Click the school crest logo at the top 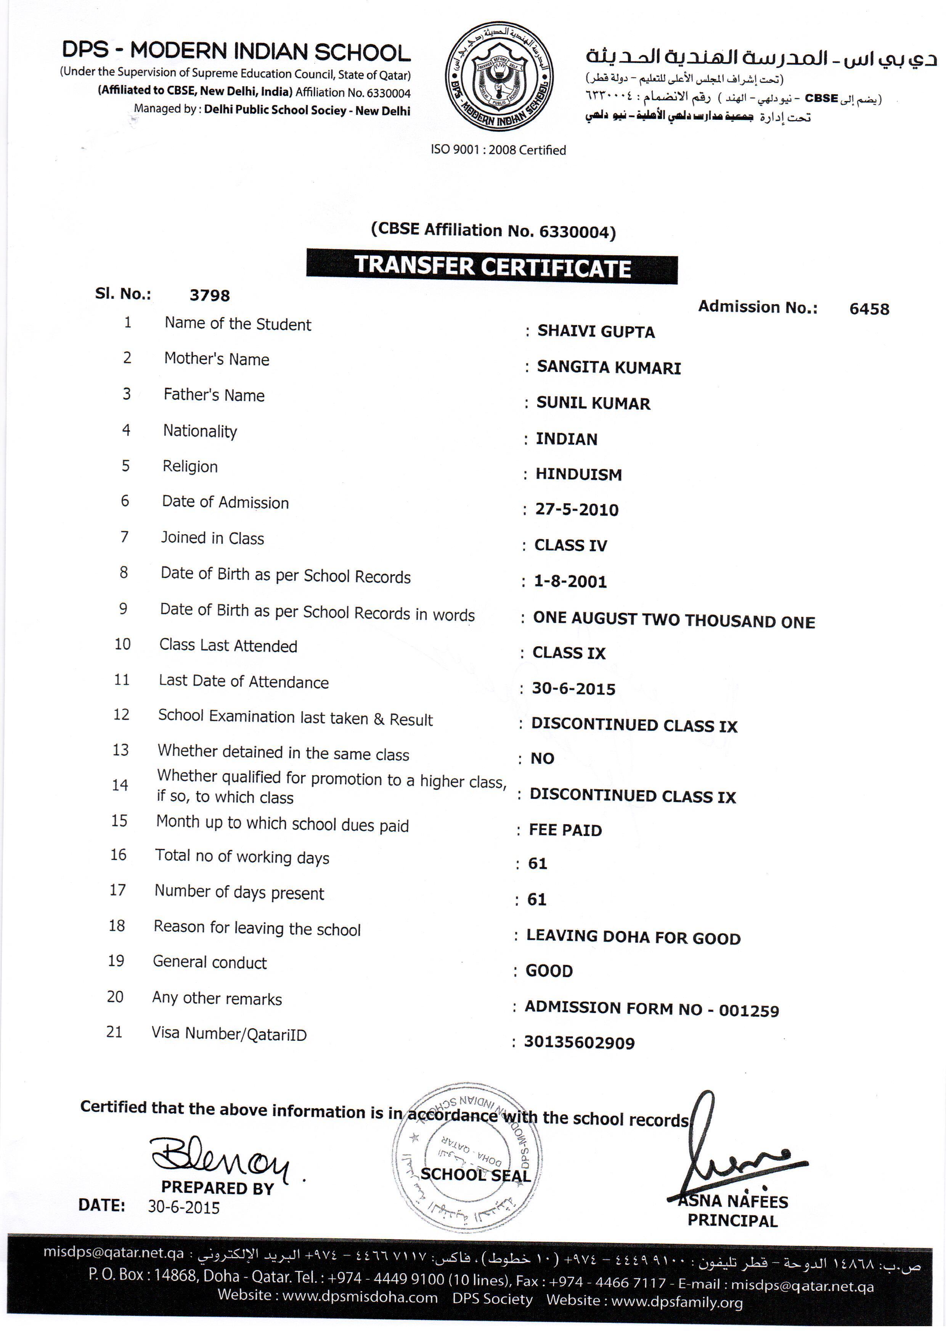[x=499, y=76]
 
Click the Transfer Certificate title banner [x=492, y=266]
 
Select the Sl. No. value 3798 [x=210, y=295]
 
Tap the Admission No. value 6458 [x=869, y=309]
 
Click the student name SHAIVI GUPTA [x=596, y=332]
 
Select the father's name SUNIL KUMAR [x=593, y=403]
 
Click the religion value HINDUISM [x=578, y=474]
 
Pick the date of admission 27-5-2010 [x=577, y=510]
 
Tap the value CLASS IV [x=571, y=546]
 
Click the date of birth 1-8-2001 [x=570, y=581]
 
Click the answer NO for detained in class [x=542, y=759]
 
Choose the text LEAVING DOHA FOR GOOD [x=633, y=938]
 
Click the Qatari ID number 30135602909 [x=579, y=1043]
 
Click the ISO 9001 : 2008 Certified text [x=498, y=150]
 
